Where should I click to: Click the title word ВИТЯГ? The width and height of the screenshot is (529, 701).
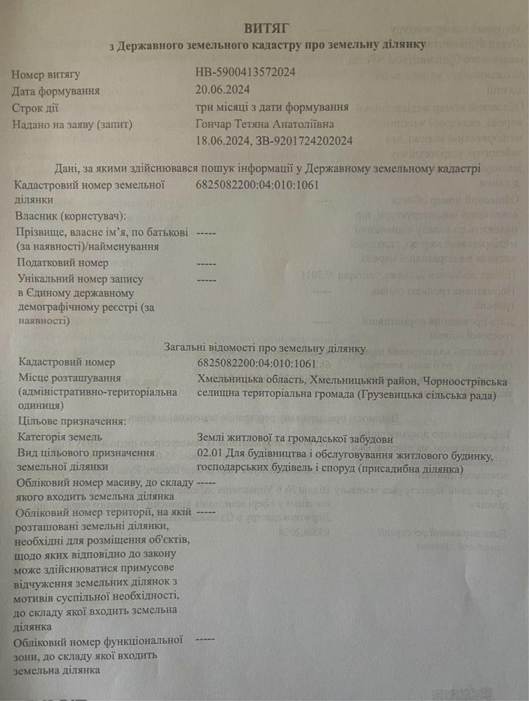[266, 29]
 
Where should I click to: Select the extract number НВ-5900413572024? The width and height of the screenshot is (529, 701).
[245, 72]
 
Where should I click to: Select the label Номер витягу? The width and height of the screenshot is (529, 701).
[46, 73]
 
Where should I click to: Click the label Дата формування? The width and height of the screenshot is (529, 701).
[55, 91]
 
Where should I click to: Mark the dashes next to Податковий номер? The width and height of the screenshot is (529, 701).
[207, 263]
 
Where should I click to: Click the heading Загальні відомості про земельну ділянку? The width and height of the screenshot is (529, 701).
[265, 348]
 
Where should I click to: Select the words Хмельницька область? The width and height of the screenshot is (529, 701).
[249, 381]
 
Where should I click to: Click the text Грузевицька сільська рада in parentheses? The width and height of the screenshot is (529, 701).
[426, 396]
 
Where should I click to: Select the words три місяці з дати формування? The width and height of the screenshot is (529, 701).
[273, 107]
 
